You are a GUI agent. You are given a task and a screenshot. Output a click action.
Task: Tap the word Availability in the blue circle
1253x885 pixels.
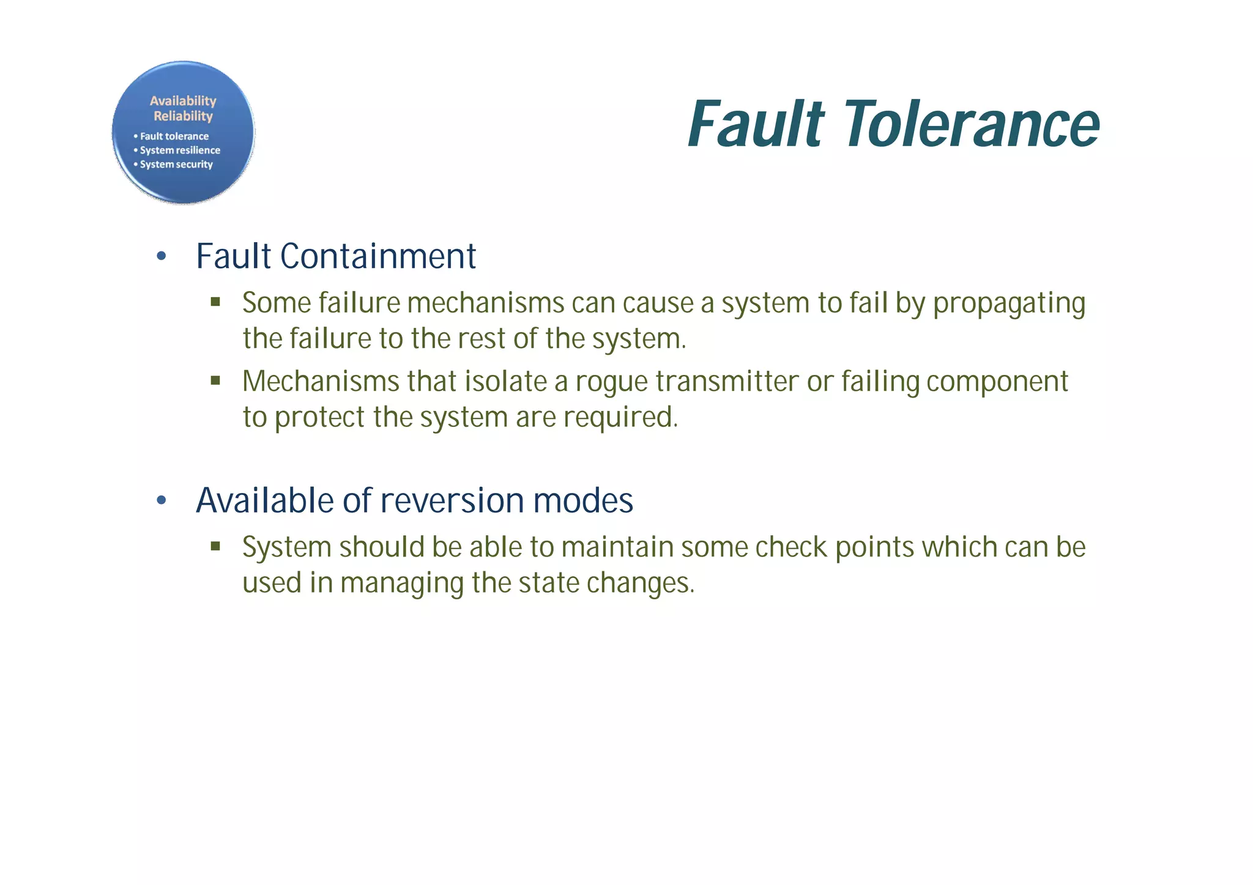coord(183,101)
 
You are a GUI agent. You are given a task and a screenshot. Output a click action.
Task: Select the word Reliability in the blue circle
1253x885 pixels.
coord(183,116)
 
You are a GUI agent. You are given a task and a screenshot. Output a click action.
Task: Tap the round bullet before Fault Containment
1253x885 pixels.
coord(162,256)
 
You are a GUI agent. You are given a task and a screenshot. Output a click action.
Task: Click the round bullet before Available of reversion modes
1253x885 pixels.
coord(162,501)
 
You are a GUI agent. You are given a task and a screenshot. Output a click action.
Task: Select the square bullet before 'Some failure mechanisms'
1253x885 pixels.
coord(215,302)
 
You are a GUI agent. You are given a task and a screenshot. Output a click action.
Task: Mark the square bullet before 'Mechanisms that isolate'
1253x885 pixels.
coord(215,380)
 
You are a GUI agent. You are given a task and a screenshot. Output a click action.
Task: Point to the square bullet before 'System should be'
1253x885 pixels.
coord(215,546)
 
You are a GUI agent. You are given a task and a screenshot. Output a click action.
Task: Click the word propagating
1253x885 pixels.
coord(1009,304)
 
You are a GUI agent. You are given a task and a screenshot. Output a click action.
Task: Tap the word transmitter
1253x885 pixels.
coord(727,382)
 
